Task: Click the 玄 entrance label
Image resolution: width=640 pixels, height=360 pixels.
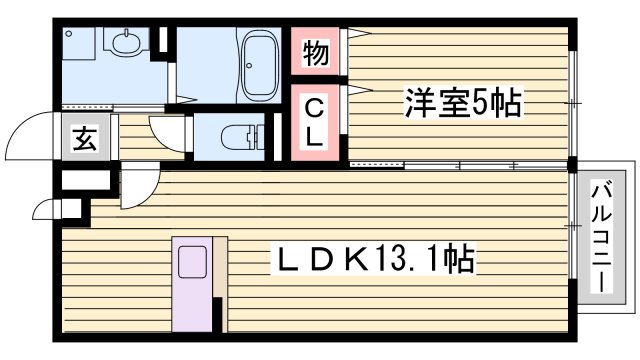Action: [85, 139]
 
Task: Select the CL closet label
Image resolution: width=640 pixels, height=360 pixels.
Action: [314, 122]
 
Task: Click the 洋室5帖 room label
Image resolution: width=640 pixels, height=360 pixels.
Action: [463, 102]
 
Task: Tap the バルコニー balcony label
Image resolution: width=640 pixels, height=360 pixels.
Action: [601, 236]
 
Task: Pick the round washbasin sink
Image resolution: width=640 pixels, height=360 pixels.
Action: [127, 43]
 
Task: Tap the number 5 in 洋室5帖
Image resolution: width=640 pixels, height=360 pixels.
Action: [487, 102]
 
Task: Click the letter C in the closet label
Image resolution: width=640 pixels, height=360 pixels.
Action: [314, 107]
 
